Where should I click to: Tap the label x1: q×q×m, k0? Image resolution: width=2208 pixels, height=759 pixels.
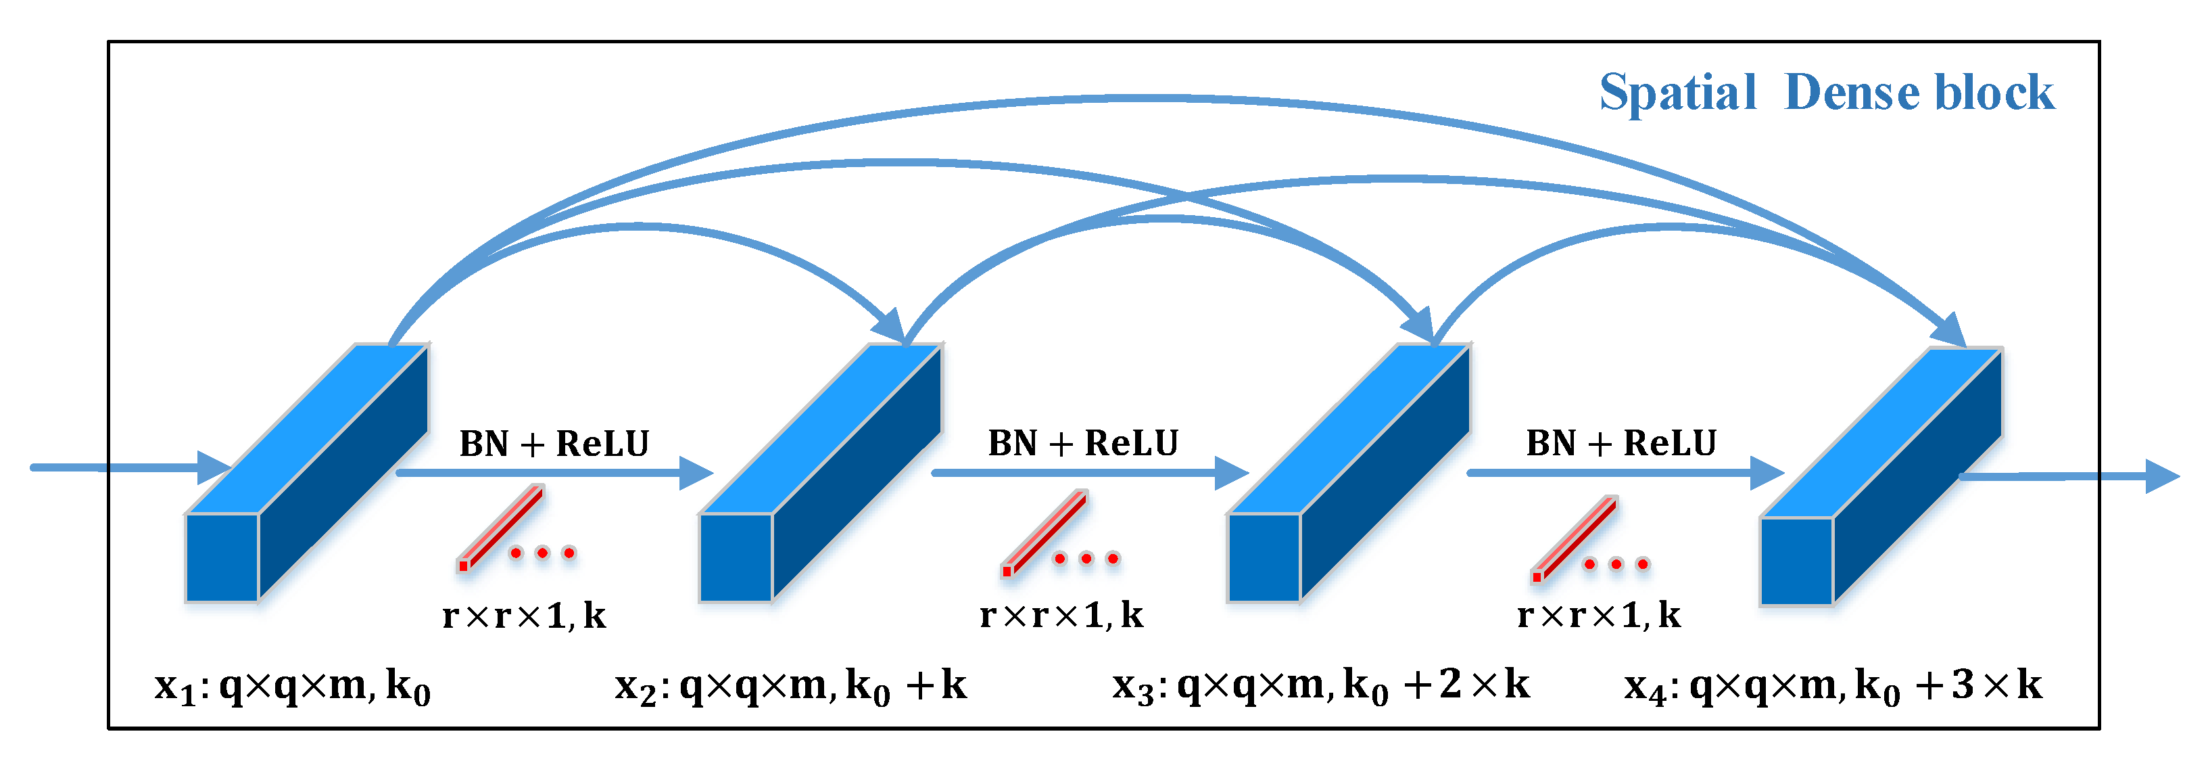pyautogui.click(x=292, y=686)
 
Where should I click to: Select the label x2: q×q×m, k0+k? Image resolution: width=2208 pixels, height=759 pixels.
pyautogui.click(x=790, y=686)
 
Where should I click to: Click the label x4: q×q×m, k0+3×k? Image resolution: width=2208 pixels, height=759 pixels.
pyautogui.click(x=1833, y=686)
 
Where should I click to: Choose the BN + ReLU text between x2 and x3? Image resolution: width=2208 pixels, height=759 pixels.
pyautogui.click(x=1082, y=443)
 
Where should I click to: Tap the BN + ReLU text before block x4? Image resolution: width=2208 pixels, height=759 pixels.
pyautogui.click(x=1621, y=443)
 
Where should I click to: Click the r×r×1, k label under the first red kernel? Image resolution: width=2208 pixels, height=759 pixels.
pyautogui.click(x=524, y=616)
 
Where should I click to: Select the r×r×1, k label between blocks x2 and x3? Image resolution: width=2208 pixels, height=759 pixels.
pyautogui.click(x=1061, y=615)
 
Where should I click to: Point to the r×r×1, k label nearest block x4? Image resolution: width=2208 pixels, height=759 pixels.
pyautogui.click(x=1599, y=615)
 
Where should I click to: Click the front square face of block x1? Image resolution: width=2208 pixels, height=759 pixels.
pyautogui.click(x=222, y=557)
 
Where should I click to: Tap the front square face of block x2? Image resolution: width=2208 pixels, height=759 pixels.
pyautogui.click(x=736, y=557)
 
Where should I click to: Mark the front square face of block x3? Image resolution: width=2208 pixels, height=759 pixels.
pyautogui.click(x=1264, y=557)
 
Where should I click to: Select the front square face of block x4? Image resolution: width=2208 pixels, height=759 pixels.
pyautogui.click(x=1796, y=561)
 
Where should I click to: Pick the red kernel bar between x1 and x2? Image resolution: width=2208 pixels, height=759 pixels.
pyautogui.click(x=502, y=526)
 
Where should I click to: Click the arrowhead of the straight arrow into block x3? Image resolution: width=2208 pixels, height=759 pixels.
pyautogui.click(x=1231, y=473)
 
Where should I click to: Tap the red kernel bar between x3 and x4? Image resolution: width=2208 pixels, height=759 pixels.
pyautogui.click(x=1575, y=537)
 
